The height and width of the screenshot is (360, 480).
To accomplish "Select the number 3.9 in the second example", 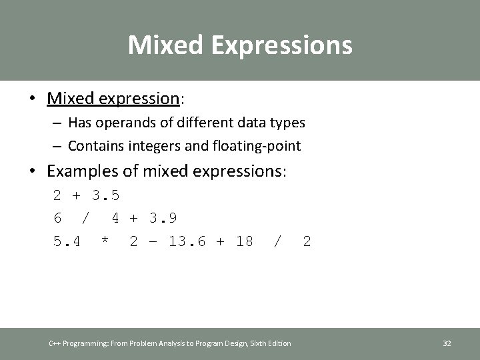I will pos(163,219).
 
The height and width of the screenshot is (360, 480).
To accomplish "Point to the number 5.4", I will pos(67,241).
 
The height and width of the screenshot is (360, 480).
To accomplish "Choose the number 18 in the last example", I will pos(244,241).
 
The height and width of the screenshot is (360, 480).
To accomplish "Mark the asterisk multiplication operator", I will pos(105,241).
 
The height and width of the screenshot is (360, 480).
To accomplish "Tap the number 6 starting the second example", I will pos(58,219).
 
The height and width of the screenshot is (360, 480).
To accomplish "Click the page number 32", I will pos(447,343).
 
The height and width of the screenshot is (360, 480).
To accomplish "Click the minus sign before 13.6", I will pos(153,241).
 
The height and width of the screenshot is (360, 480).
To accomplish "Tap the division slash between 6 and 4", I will pos(85,219).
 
